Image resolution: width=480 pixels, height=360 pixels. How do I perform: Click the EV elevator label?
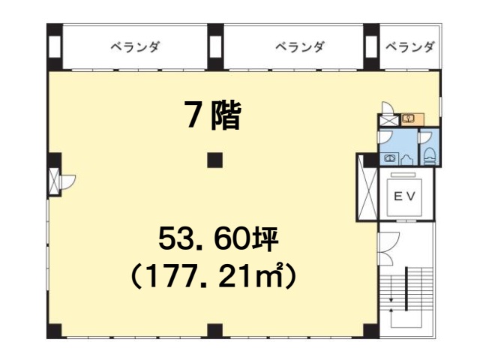[x=404, y=196]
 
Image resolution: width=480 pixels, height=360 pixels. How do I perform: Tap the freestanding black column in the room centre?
[x=214, y=160]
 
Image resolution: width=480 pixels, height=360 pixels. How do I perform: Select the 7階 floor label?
[x=213, y=115]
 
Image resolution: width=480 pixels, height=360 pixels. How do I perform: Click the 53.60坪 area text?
[x=218, y=238]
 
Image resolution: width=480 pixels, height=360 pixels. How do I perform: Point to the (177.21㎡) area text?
[x=214, y=277]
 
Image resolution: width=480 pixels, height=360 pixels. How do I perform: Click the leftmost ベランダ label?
[x=135, y=47]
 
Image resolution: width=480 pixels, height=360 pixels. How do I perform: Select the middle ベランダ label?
[x=299, y=47]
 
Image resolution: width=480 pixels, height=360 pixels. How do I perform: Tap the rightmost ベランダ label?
[x=409, y=47]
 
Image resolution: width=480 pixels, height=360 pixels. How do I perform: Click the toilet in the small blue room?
[x=430, y=156]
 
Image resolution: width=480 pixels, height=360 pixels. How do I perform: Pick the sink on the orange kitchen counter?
[x=409, y=118]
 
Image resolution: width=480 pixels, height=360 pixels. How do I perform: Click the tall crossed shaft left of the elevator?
[x=367, y=187]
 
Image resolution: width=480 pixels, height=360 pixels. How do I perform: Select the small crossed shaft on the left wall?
[x=55, y=181]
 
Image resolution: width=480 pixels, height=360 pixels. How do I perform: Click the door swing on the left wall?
[x=68, y=181]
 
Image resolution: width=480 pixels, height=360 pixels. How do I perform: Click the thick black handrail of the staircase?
[x=406, y=289]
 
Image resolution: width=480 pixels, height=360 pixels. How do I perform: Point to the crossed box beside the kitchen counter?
[x=389, y=120]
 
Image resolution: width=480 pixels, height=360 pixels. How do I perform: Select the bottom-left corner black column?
[x=55, y=331]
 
